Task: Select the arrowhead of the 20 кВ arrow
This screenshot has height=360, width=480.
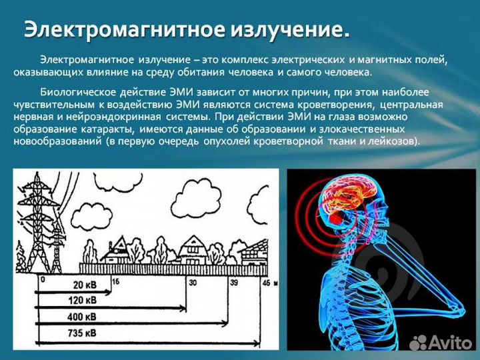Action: pos(111,291)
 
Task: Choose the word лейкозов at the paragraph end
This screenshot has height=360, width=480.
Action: pos(393,141)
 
